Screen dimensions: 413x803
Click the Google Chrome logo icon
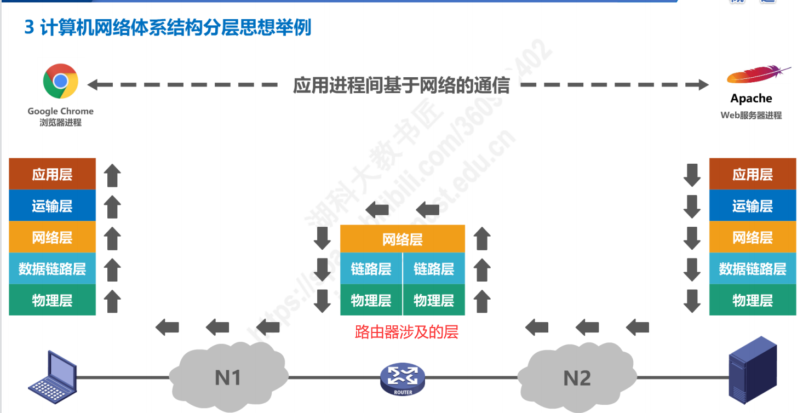click(60, 82)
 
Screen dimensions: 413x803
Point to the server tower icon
click(753, 369)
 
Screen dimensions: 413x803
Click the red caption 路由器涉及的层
click(406, 332)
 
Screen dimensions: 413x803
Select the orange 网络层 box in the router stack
click(402, 239)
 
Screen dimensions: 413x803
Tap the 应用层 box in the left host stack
click(52, 175)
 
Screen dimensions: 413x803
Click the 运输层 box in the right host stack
click(752, 206)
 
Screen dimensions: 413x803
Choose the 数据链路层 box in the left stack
click(52, 269)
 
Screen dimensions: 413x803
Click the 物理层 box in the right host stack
click(752, 300)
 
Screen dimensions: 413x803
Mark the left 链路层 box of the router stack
click(371, 269)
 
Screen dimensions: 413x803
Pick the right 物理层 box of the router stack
click(433, 300)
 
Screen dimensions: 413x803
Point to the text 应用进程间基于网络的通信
click(401, 85)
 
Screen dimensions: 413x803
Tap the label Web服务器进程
click(751, 116)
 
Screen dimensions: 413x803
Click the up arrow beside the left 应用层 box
click(112, 175)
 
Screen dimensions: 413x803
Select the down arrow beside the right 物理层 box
click(692, 300)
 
